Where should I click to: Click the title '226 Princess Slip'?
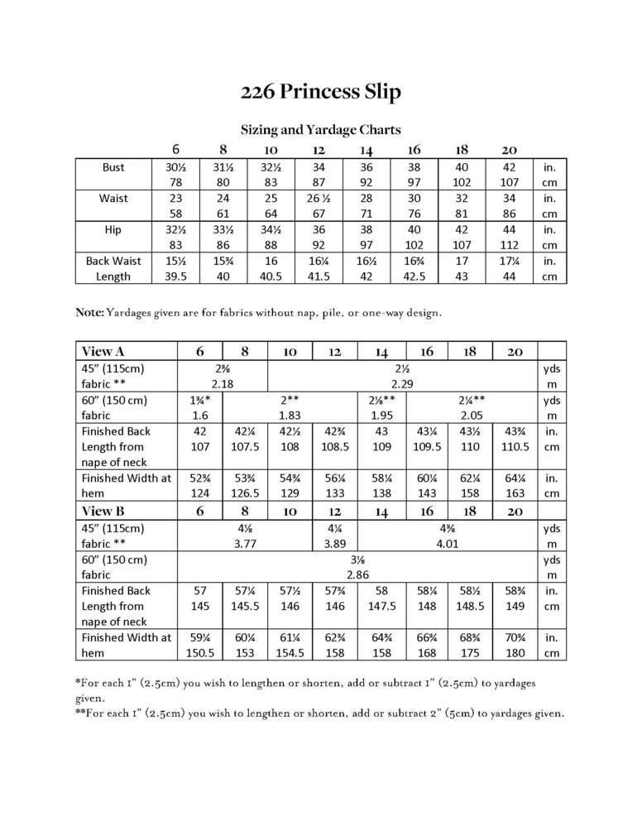(320, 92)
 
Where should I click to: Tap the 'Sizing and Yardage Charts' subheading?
(320, 129)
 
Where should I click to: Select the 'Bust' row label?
(113, 167)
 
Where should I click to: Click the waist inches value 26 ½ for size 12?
(319, 199)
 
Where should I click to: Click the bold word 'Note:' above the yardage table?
(90, 313)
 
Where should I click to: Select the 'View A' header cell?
(98, 351)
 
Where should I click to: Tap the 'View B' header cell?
(98, 511)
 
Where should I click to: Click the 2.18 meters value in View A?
(223, 385)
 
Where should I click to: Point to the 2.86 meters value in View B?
(357, 574)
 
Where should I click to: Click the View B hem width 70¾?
(512, 637)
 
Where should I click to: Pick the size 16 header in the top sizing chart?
(414, 150)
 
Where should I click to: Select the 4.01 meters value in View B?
(442, 544)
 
